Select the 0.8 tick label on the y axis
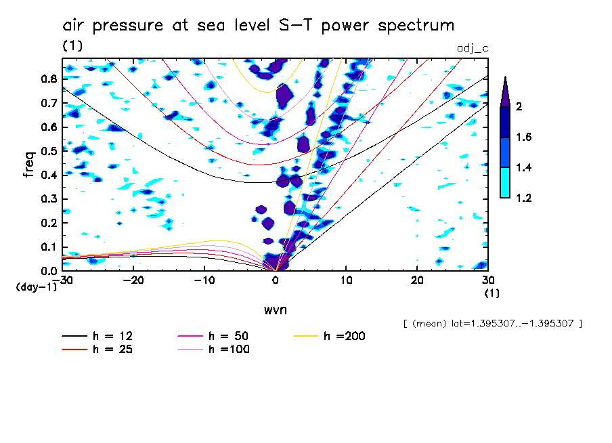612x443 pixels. (49, 79)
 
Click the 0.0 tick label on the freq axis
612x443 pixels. (49, 271)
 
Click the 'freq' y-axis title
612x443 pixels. (28, 165)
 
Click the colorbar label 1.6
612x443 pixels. (525, 138)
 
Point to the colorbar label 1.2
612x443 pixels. (525, 198)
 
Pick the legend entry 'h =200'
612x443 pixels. (345, 336)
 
